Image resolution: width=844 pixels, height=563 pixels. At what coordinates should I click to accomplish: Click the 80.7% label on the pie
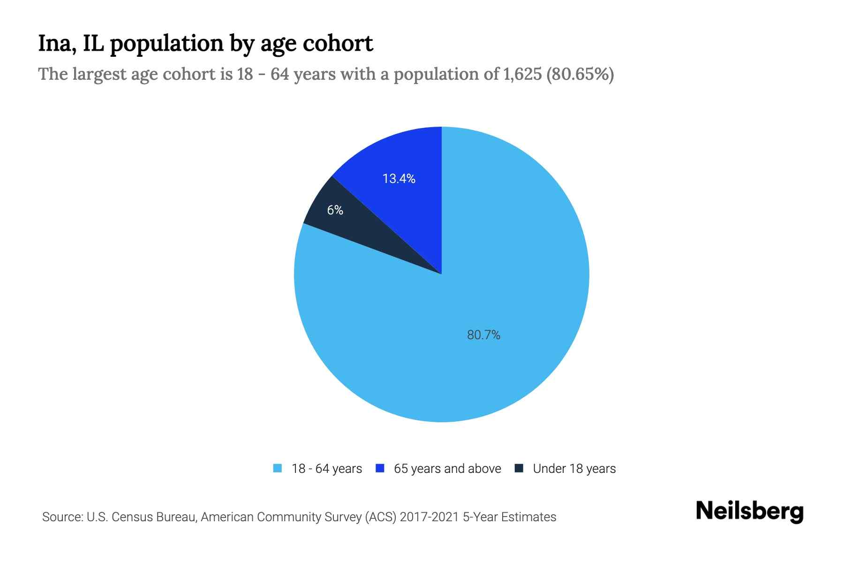point(483,335)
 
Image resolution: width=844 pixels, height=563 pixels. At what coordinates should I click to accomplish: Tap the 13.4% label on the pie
point(399,179)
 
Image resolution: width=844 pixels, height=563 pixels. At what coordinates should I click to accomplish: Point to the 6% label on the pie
point(335,210)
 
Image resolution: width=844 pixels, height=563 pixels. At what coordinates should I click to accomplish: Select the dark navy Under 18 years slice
point(370,235)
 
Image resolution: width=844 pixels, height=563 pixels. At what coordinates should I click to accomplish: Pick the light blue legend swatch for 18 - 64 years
point(278,468)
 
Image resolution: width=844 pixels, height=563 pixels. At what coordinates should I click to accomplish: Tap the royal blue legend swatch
point(380,468)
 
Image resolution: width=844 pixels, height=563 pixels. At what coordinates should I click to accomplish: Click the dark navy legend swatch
point(519,468)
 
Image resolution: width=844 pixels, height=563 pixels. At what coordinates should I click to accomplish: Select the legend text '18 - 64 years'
point(327,469)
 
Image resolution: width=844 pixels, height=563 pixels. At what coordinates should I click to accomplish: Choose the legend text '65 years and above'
point(447,469)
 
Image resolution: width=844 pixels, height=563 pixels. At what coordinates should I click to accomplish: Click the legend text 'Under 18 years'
point(574,469)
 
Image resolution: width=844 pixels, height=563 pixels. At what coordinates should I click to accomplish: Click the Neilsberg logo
point(750,512)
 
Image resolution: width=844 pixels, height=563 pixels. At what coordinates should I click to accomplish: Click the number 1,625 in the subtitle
point(522,74)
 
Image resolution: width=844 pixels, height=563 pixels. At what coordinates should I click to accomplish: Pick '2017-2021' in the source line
point(430,517)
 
